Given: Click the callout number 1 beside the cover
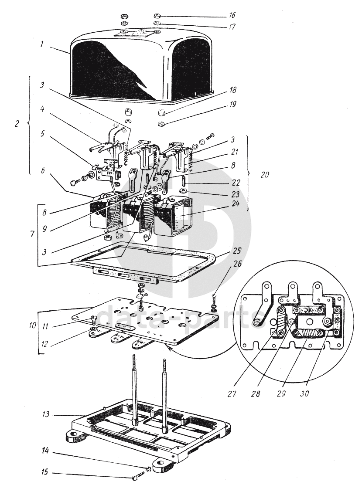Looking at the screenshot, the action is point(42,44).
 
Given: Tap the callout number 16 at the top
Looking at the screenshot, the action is point(232,15).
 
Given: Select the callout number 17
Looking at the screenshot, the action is point(232,27).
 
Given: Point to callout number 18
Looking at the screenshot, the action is point(233,90).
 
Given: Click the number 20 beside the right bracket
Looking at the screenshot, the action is point(265,174).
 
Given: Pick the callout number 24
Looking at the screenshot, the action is point(236,204).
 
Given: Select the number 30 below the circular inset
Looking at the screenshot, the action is point(304,393).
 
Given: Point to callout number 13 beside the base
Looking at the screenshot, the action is point(46,414).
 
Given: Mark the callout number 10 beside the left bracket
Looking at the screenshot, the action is point(33,325).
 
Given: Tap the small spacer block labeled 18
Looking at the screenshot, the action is point(161,112).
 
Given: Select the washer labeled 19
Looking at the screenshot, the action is point(161,124).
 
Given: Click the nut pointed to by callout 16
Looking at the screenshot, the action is point(157,16).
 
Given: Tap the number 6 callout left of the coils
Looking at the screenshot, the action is point(42,171).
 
